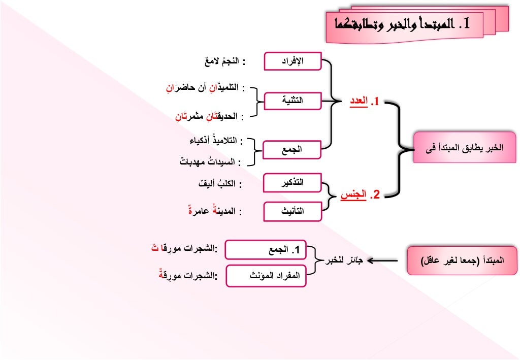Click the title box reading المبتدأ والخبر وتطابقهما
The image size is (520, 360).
click(x=404, y=24)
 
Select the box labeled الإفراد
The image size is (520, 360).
click(x=292, y=61)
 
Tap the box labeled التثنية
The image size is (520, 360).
click(x=292, y=100)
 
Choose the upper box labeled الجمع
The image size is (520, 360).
click(x=292, y=149)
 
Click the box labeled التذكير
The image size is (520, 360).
click(x=292, y=182)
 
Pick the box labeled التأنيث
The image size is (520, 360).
click(x=292, y=211)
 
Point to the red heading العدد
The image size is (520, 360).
click(x=365, y=102)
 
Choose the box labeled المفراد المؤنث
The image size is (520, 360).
click(x=266, y=276)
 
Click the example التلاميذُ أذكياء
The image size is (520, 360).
click(x=213, y=140)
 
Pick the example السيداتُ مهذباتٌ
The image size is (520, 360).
click(x=208, y=162)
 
